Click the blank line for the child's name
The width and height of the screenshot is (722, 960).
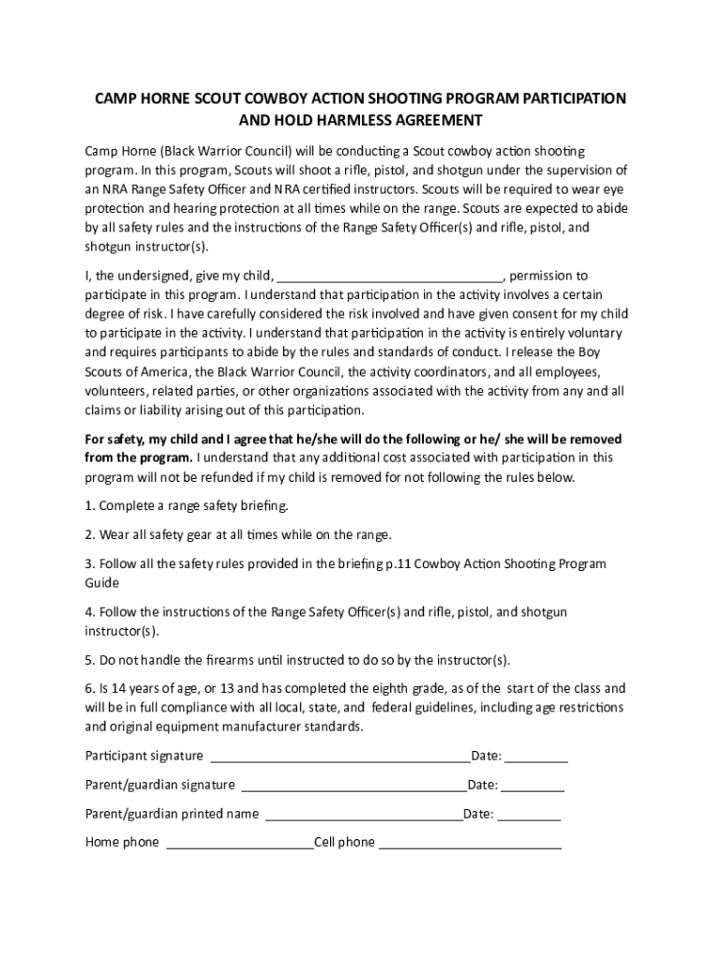click(x=391, y=277)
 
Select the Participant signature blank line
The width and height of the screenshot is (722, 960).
click(x=340, y=757)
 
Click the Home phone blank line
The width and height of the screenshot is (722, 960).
click(x=240, y=844)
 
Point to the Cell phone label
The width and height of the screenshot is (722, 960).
click(x=344, y=843)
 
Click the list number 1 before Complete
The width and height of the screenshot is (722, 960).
click(x=89, y=506)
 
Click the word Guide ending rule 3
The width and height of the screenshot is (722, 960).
click(x=102, y=583)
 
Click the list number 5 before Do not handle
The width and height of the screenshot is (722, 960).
click(x=89, y=659)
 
